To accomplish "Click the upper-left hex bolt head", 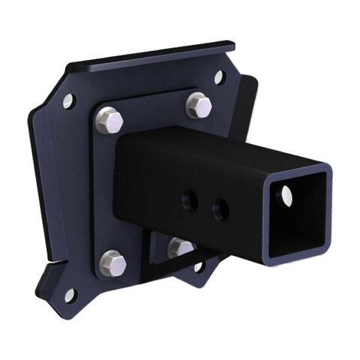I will [x=109, y=119].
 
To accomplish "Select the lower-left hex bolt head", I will [x=112, y=262].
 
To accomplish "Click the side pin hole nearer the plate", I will [x=190, y=200].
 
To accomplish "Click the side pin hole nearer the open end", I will [x=220, y=209].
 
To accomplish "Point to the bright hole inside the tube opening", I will [x=287, y=196].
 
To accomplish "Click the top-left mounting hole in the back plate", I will [x=68, y=100].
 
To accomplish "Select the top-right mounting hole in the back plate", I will [x=219, y=76].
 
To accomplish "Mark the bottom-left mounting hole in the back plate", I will [x=69, y=295].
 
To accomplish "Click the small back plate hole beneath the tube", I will [x=199, y=266].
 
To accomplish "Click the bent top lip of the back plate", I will [x=150, y=56].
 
